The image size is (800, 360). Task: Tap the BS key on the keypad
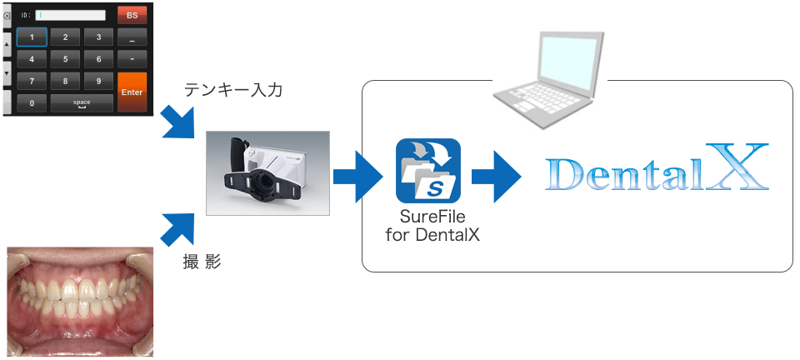[x=132, y=15]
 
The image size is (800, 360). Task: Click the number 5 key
[x=65, y=59]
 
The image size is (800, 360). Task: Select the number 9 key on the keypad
[x=98, y=81]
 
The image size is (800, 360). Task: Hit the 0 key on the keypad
[x=32, y=103]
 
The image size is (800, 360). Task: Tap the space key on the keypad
[x=82, y=103]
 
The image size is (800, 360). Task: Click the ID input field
[x=70, y=15]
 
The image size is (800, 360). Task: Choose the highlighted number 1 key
[x=32, y=37]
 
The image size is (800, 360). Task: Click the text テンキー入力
[x=233, y=89]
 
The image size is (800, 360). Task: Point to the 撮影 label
[x=202, y=261]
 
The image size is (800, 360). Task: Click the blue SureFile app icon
[x=428, y=170]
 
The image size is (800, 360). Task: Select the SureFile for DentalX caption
[x=432, y=225]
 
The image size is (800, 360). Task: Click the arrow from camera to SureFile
[x=358, y=176]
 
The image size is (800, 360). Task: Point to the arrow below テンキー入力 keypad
[x=177, y=121]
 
